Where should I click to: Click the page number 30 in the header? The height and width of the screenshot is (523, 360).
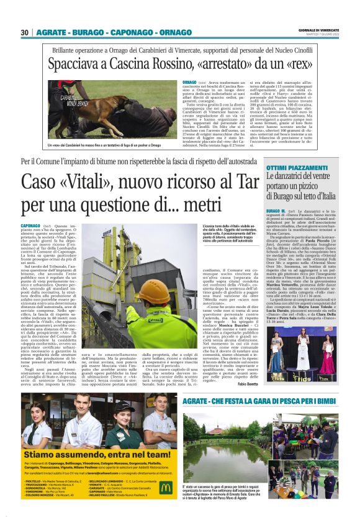[x=25, y=32]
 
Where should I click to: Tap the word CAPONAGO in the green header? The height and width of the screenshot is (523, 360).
[x=121, y=32]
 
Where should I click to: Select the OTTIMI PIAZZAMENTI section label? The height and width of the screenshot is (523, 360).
[x=294, y=169]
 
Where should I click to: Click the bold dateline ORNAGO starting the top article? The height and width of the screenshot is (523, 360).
[x=190, y=81]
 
